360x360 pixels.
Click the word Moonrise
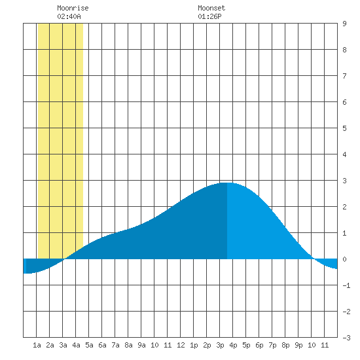point(73,8)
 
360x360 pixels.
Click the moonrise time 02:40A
point(69,16)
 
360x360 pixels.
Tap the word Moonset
point(211,8)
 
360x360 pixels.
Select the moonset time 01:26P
point(209,16)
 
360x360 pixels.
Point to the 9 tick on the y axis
point(344,24)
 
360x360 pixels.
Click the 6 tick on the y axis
point(344,102)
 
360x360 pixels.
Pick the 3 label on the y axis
point(344,181)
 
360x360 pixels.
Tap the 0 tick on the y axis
point(344,259)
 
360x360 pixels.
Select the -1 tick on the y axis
point(346,285)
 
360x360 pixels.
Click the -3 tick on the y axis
point(346,338)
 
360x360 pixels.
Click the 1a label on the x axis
point(37,345)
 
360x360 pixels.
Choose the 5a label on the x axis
point(89,345)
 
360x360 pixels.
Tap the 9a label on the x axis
point(141,345)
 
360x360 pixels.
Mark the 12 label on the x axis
point(181,345)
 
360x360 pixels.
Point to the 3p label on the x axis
point(220,345)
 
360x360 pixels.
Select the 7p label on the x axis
point(272,345)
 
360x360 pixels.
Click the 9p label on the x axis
point(298,345)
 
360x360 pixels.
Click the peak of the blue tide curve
point(227,183)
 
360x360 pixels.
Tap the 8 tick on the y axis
point(344,50)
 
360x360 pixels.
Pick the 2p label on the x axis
point(207,345)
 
